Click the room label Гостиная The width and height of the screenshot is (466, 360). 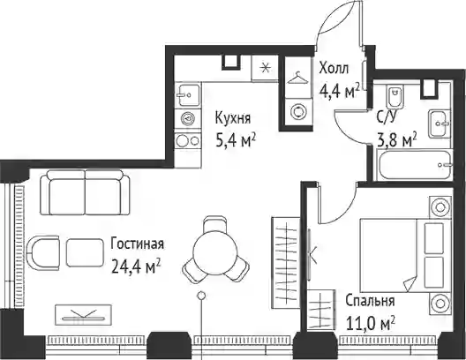point(137,244)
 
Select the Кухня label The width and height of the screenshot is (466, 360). point(233,118)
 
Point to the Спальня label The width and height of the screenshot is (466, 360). point(370,301)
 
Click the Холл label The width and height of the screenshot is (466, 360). point(334,69)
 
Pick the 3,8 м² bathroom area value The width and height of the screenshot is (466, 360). point(397,139)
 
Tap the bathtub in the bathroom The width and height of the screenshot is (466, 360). point(414,165)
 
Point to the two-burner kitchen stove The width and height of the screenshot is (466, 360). point(187,141)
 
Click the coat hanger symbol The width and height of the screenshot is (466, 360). point(297,79)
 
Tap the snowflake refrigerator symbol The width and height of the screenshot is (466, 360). point(265,68)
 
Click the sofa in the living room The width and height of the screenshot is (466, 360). point(86,192)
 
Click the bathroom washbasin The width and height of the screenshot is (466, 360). point(440,124)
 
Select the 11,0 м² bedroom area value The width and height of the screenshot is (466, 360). point(371,324)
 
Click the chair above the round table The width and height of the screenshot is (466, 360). point(215,224)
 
